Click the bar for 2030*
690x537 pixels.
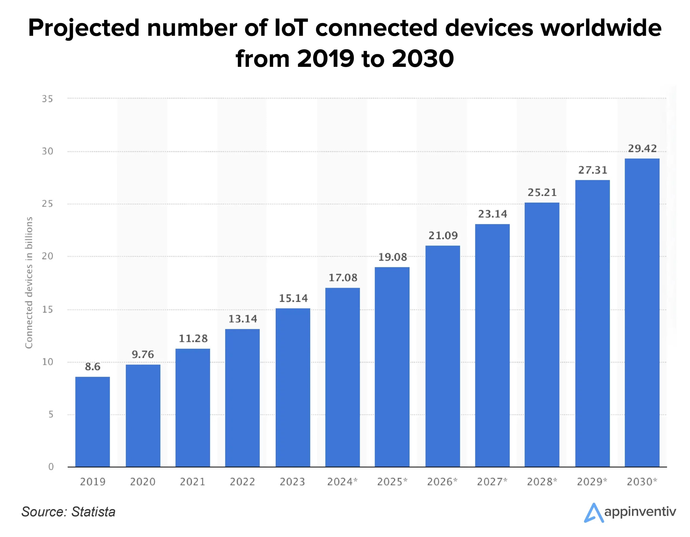click(642, 313)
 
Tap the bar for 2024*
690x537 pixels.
click(343, 377)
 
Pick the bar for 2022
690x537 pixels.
click(242, 398)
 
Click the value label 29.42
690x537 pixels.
click(642, 148)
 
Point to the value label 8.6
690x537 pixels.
click(92, 367)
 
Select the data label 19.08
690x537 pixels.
click(392, 257)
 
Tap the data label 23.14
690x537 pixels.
click(492, 214)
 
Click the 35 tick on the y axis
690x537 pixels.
click(47, 99)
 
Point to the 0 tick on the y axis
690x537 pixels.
click(51, 467)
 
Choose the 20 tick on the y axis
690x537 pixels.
click(47, 256)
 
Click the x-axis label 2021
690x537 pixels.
click(192, 482)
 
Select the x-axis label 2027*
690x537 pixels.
click(492, 482)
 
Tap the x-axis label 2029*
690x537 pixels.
click(592, 482)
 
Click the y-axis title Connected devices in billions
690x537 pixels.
click(29, 283)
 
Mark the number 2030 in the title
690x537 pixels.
click(423, 59)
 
